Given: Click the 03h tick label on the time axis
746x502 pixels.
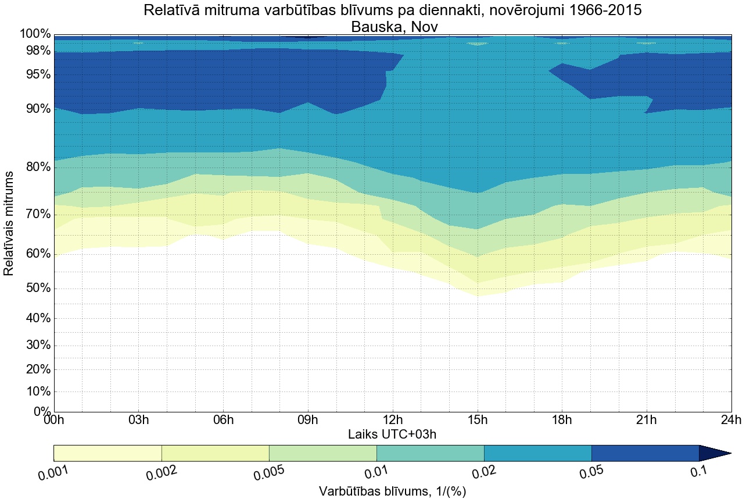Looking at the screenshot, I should (138, 420).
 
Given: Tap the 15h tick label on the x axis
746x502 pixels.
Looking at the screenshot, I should (477, 420).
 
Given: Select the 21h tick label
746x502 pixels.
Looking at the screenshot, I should (646, 420).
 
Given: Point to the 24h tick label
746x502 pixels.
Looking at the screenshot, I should (730, 420).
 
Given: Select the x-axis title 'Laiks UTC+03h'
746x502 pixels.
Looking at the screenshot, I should (392, 435).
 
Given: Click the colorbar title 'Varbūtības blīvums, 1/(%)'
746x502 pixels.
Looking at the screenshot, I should (393, 492).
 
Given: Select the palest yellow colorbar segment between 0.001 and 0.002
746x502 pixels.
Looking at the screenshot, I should (107, 453).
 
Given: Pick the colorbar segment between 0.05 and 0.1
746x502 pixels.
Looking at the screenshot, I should (645, 453).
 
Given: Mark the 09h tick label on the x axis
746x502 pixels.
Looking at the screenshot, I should (308, 420).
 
